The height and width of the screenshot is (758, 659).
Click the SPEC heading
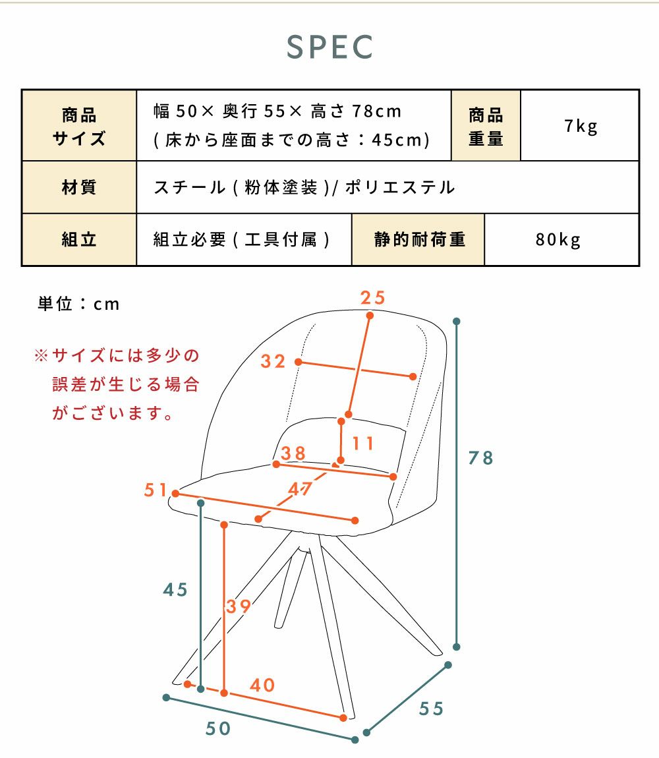point(329,47)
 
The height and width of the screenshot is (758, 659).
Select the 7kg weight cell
point(580,126)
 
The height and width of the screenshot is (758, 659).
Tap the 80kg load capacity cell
point(562,240)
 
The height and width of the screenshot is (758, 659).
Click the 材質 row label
point(79,187)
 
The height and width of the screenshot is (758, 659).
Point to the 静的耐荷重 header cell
point(418,240)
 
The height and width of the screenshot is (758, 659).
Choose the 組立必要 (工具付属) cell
point(244,240)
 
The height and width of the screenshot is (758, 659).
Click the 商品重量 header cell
point(486,126)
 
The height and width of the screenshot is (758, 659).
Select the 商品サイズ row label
point(79,126)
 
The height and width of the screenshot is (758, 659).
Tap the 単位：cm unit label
point(78,304)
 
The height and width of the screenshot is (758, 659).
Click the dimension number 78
point(481,458)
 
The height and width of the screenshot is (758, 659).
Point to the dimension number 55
point(431,709)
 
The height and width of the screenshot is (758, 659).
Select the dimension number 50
point(218,728)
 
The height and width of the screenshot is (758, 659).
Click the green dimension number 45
point(175,590)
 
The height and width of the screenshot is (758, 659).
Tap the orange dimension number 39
point(239,606)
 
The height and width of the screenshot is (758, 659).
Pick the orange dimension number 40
point(262,685)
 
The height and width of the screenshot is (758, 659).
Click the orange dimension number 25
point(373,298)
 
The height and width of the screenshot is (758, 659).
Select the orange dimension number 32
point(273,361)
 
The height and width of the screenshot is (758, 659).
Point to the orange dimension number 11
point(362,444)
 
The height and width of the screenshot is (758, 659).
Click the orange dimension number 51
point(156,490)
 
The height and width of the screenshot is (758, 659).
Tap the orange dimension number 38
point(293,453)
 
